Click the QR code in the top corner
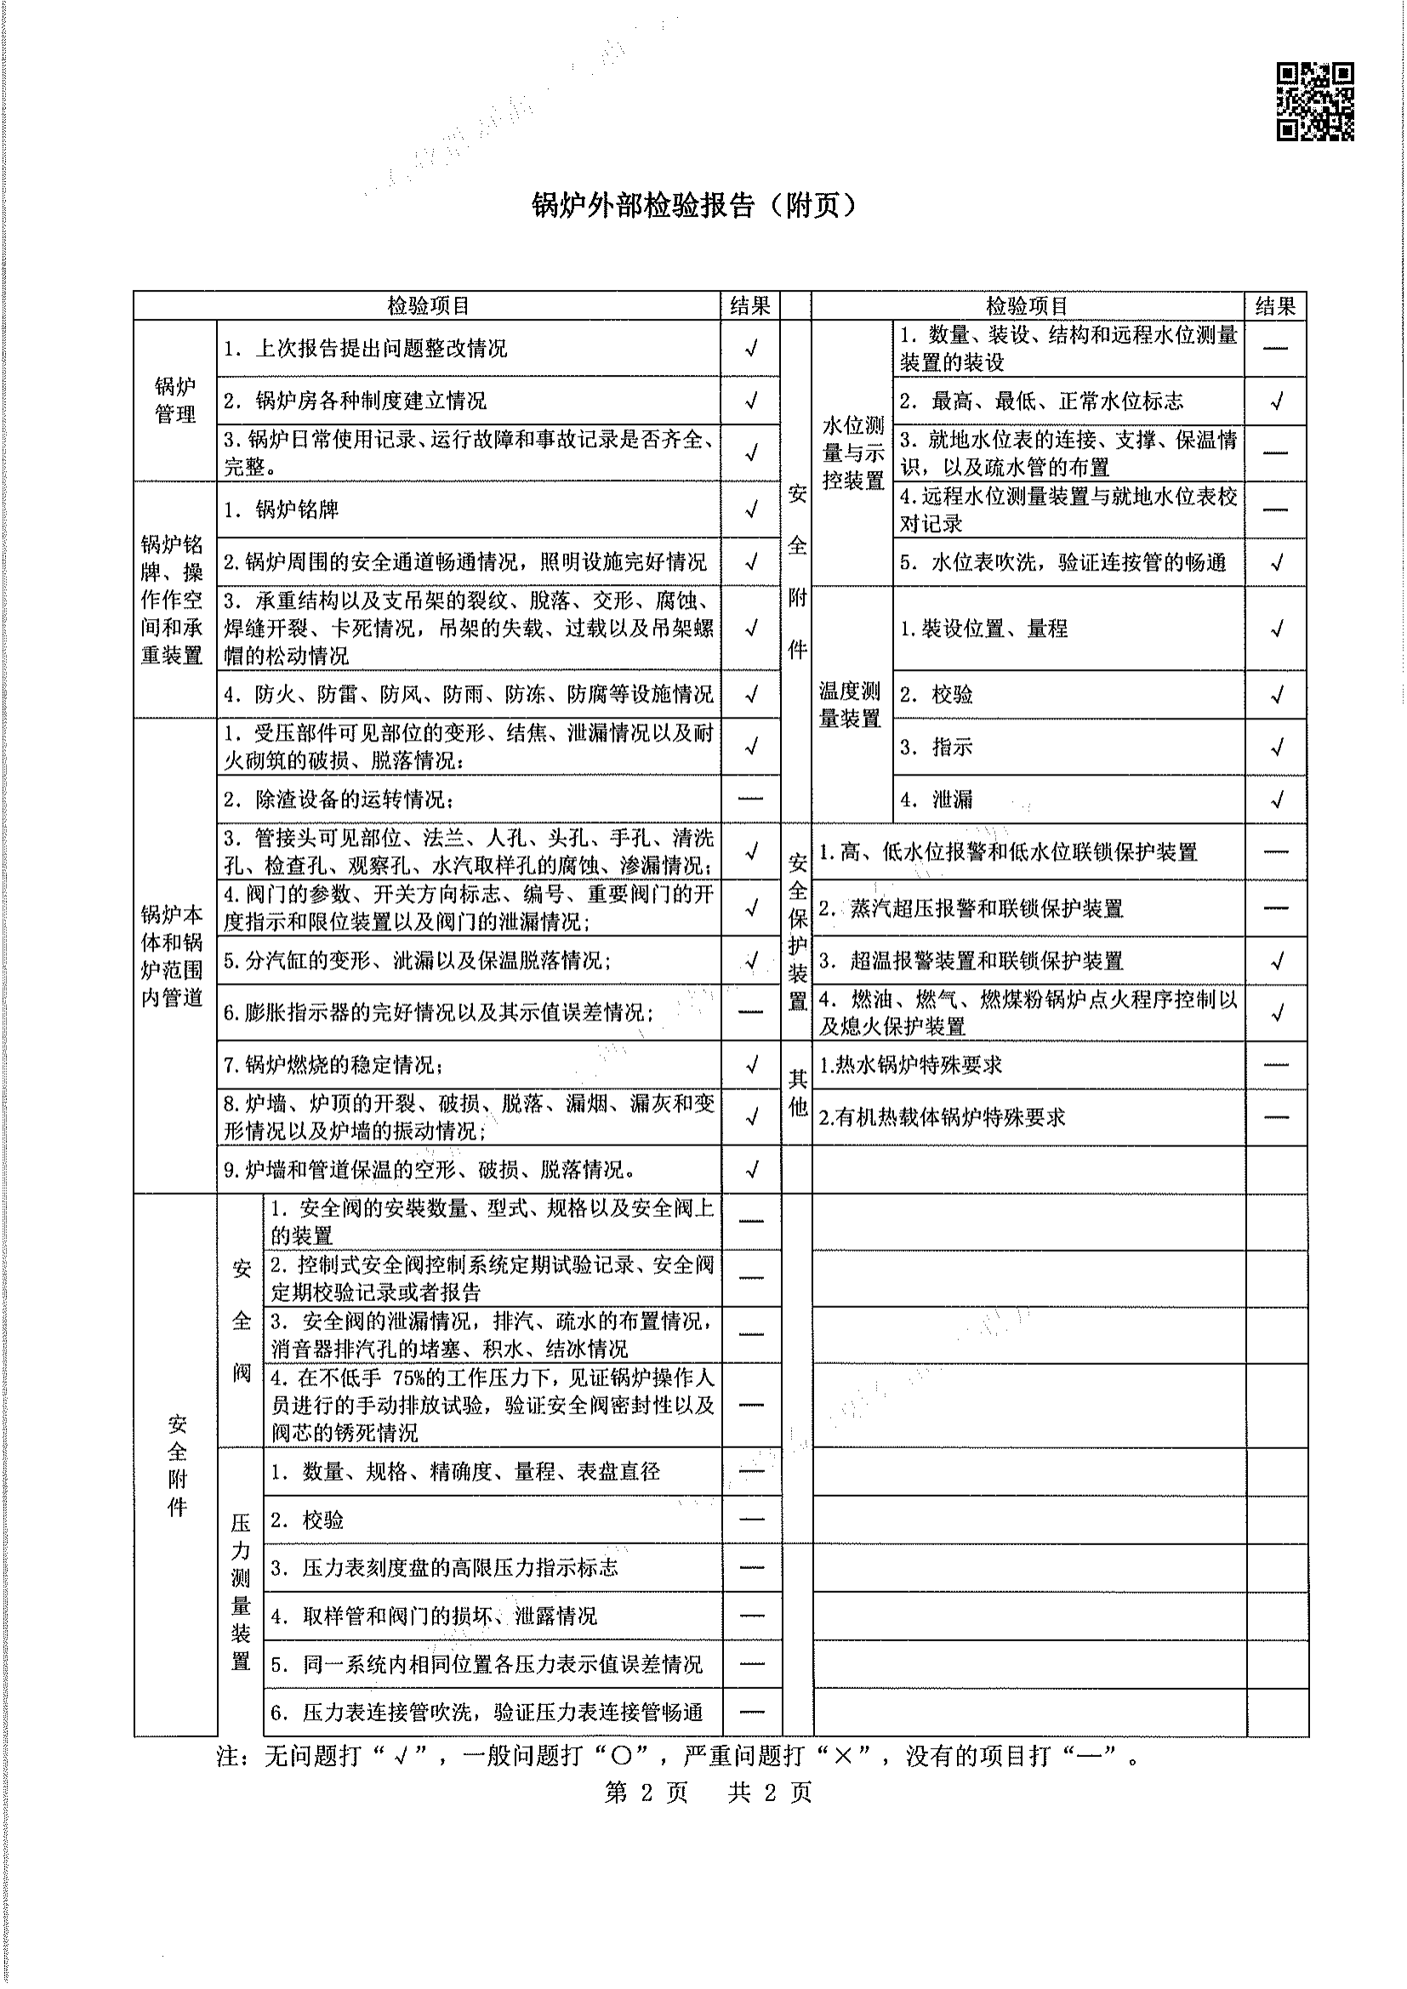1315,101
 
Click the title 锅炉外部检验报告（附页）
694,205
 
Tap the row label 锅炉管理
175,401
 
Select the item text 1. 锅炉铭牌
281,509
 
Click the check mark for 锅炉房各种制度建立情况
751,401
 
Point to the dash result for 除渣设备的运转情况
751,798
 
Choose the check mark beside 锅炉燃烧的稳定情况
751,1064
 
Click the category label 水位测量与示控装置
852,452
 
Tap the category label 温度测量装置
850,704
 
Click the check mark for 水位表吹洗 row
1276,562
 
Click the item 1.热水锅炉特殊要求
909,1065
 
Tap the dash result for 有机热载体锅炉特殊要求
1276,1117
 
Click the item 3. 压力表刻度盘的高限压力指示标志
444,1567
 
